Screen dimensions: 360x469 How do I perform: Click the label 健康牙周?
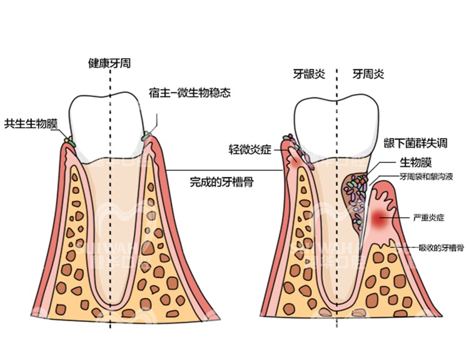pos(109,63)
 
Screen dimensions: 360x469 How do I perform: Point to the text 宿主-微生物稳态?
pos(189,93)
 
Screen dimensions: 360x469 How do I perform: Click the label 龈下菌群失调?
pos(415,142)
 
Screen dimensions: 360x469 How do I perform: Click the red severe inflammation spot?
pos(381,219)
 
